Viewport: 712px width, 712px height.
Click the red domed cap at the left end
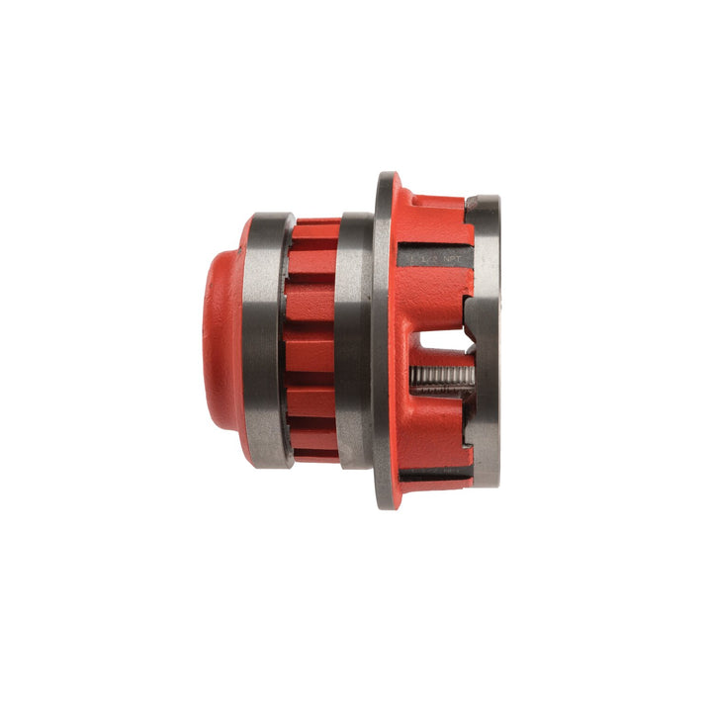pos(222,336)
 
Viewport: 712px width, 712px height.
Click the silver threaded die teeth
pos(440,379)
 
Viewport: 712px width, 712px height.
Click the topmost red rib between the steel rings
pos(315,233)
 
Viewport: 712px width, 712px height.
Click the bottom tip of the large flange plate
pos(386,505)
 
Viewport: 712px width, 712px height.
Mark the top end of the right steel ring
pos(484,201)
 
